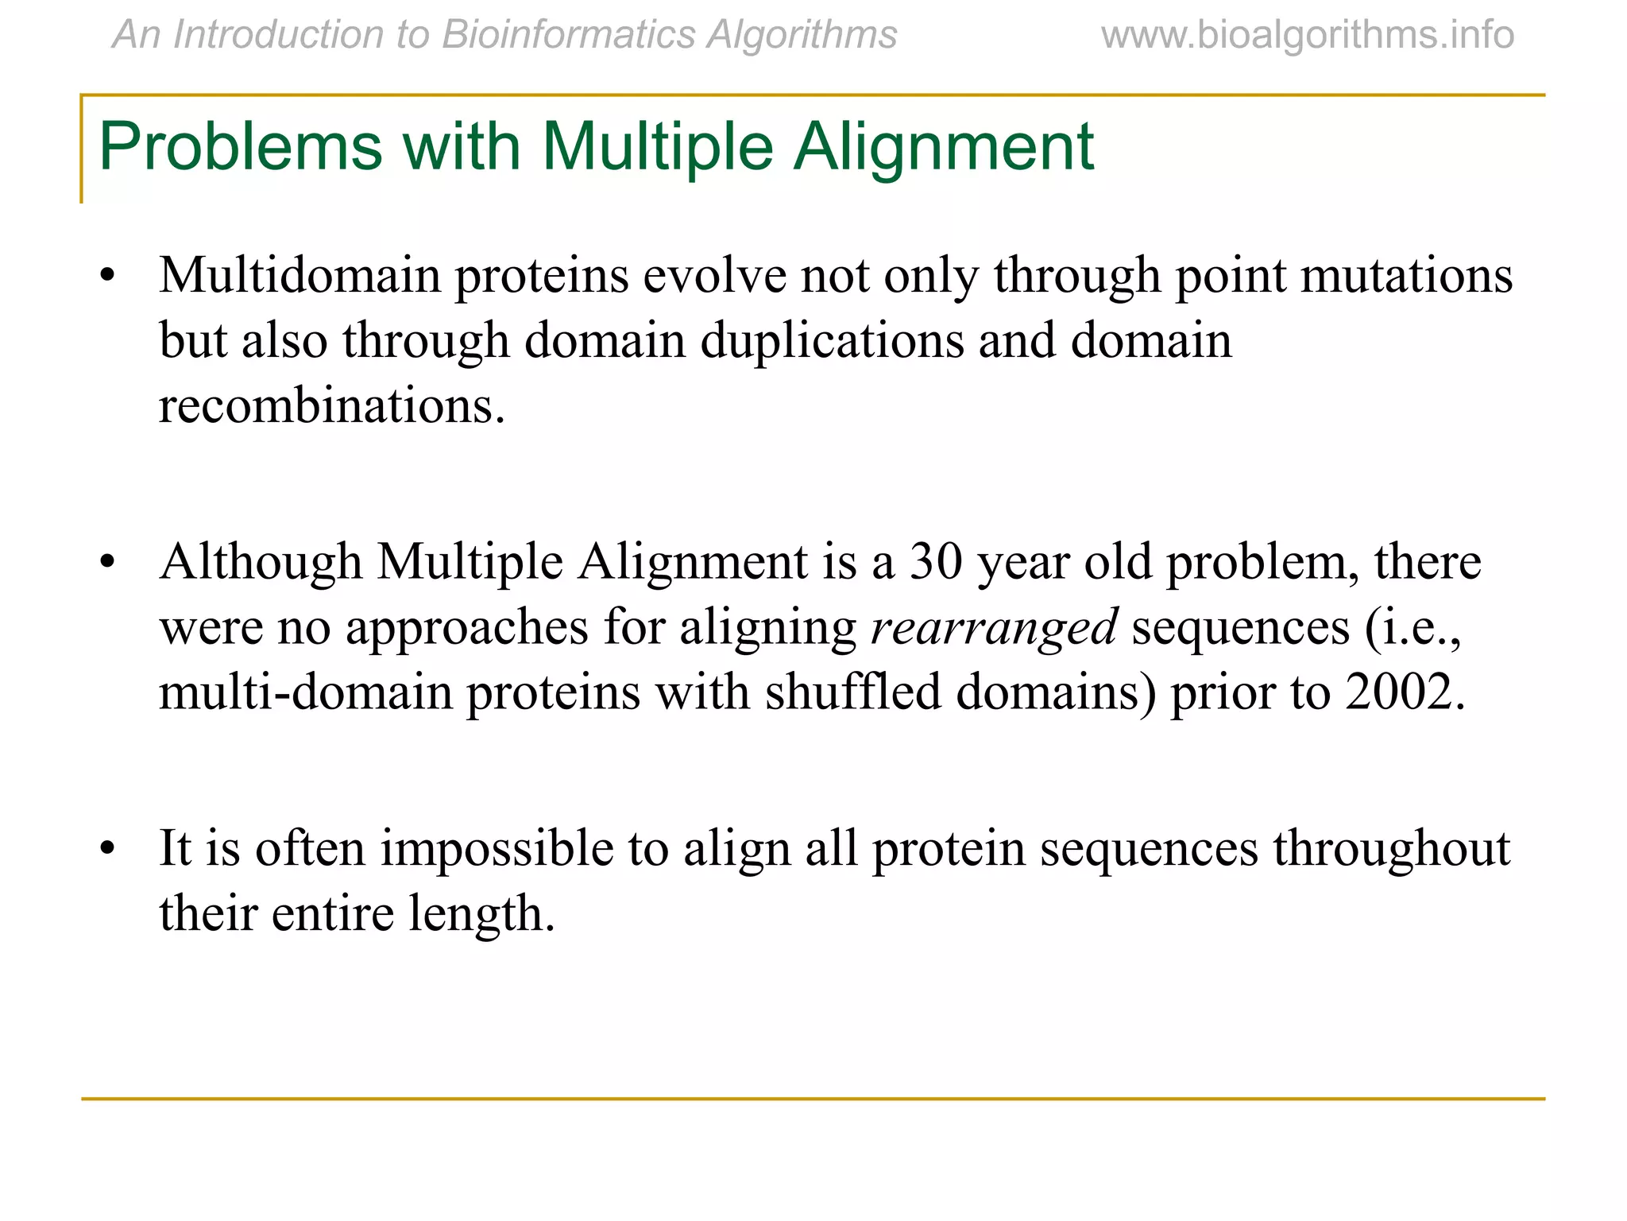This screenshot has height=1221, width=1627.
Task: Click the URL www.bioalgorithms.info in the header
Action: [x=1307, y=36]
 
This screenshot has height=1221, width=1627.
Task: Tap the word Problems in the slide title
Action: [x=240, y=147]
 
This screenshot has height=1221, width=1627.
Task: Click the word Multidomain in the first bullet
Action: [x=300, y=276]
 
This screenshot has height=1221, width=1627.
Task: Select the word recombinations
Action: [x=331, y=406]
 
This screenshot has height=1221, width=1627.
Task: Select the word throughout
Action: [x=1391, y=848]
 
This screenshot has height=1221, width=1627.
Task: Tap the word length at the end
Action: [x=481, y=914]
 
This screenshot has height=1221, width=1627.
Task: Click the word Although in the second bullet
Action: [x=261, y=562]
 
